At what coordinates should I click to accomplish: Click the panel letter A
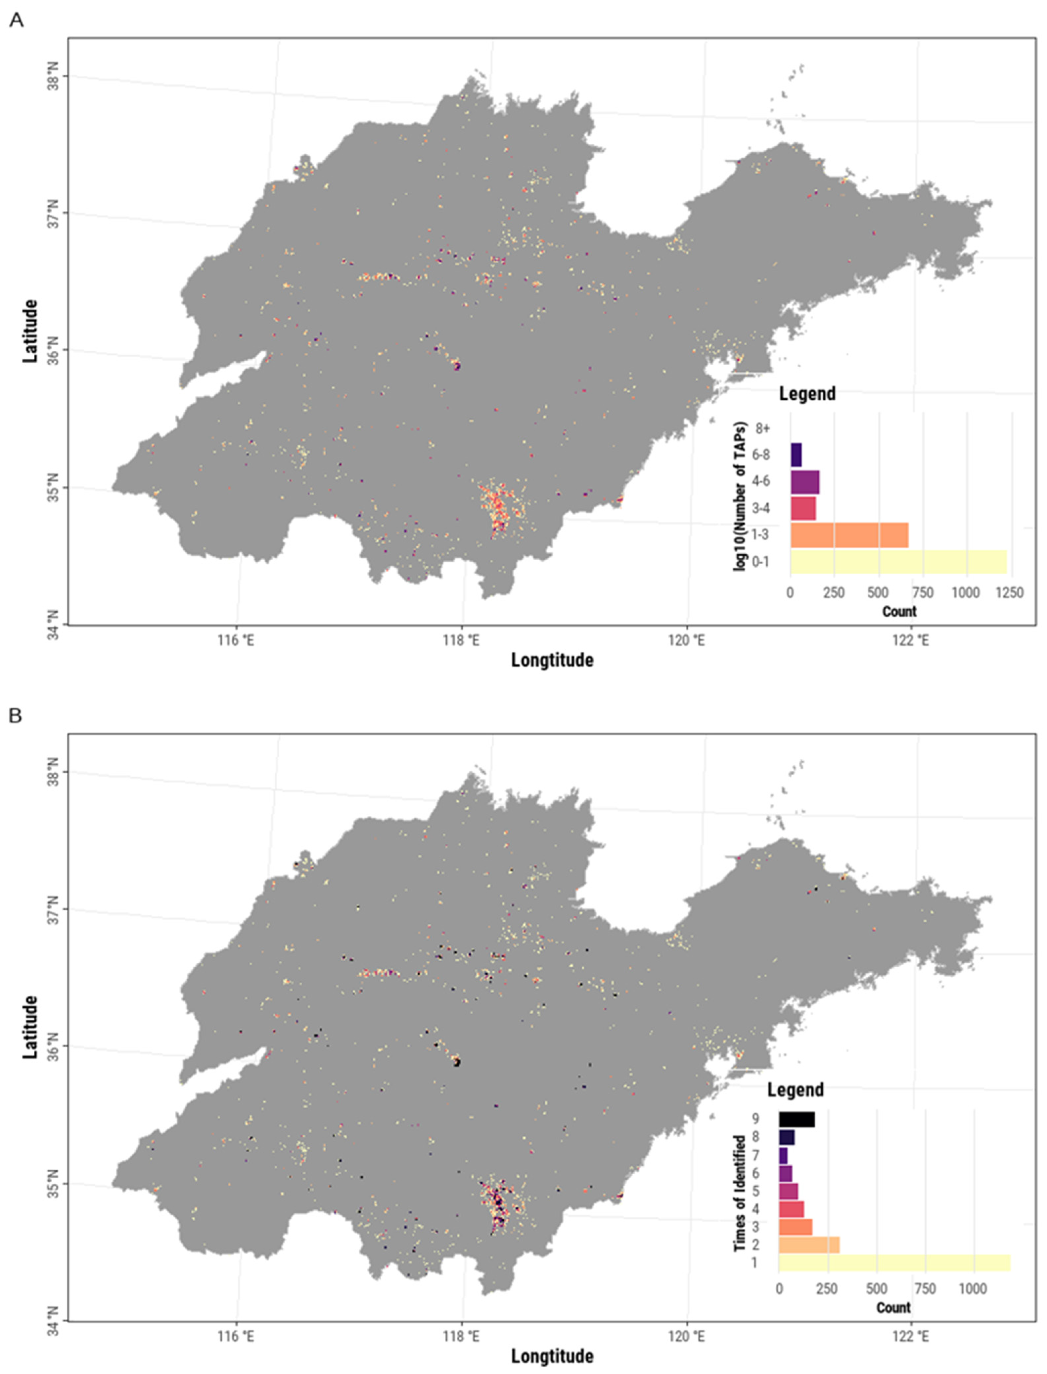coord(16,21)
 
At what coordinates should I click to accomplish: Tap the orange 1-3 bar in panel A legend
coord(849,534)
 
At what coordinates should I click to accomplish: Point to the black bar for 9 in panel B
coord(797,1120)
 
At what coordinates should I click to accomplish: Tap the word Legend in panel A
coord(807,393)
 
